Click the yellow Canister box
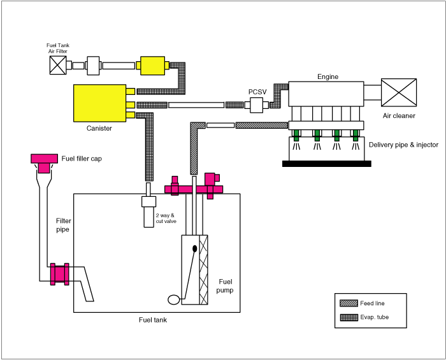99,103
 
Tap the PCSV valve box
257,105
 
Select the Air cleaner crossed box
399,92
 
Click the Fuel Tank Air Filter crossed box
58,65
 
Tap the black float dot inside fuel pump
195,248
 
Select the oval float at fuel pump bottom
173,299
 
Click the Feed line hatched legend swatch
349,303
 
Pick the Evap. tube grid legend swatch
349,317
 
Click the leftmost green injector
296,135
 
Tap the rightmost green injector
356,135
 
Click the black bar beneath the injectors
327,164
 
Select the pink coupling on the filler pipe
59,274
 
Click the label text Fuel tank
153,320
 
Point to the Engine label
328,76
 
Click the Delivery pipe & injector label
403,145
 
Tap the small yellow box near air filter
153,66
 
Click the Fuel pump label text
225,286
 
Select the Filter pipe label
63,225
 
